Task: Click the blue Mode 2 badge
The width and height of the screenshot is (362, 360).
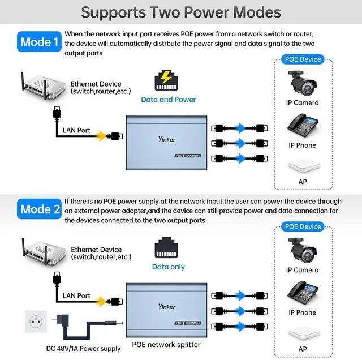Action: pos(40,209)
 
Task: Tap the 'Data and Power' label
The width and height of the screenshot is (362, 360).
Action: pos(168,100)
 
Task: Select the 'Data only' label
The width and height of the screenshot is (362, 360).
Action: pos(168,267)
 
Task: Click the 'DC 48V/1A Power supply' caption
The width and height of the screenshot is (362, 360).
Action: pos(84,349)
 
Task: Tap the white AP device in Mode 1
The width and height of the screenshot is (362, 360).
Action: pos(302,166)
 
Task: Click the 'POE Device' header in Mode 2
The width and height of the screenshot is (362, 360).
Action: pos(303,226)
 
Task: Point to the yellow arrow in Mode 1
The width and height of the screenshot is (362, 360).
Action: pos(101,136)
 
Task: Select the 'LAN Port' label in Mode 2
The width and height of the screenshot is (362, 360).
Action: pos(76,295)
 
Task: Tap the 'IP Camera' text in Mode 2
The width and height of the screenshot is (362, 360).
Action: pos(302,270)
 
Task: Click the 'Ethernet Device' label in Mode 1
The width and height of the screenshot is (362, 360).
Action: pos(96,84)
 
